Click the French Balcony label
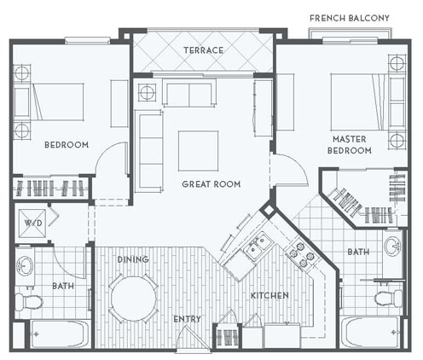(x=350, y=18)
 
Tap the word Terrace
(x=204, y=50)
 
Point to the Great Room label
(x=211, y=184)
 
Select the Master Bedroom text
(x=350, y=145)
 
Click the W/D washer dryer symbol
(x=32, y=224)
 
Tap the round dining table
(x=134, y=299)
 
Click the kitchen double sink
(x=258, y=245)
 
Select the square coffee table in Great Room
(x=198, y=151)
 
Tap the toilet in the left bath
(x=29, y=302)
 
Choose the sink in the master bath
(x=392, y=246)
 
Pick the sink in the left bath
(x=25, y=266)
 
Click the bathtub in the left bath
(x=59, y=334)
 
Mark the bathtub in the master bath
(x=371, y=332)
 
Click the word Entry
(x=187, y=319)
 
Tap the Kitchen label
(x=269, y=295)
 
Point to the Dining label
(x=133, y=259)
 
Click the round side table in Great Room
(x=148, y=93)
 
